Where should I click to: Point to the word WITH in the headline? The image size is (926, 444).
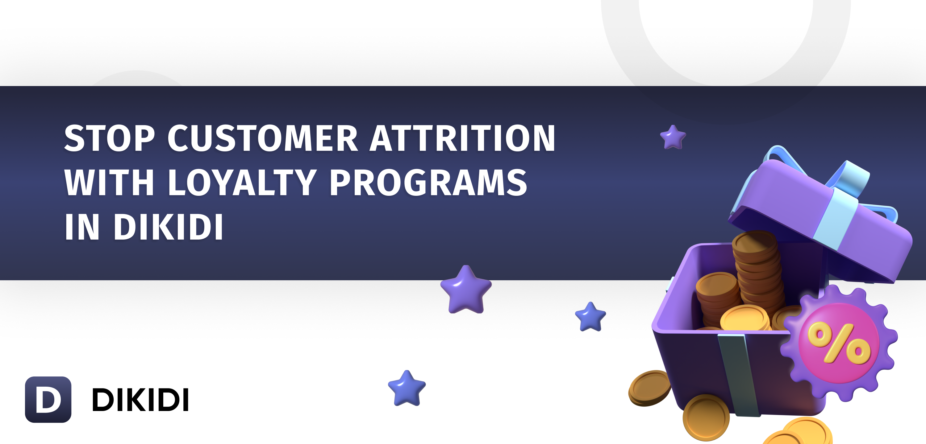(x=109, y=183)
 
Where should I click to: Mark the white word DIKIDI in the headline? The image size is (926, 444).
(x=169, y=227)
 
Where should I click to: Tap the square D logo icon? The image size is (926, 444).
(x=48, y=400)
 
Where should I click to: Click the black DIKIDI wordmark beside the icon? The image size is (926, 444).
(x=140, y=400)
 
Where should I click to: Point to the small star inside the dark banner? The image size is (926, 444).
(x=673, y=137)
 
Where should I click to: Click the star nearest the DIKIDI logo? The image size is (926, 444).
(x=407, y=388)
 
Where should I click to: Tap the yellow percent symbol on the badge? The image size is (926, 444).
(x=839, y=343)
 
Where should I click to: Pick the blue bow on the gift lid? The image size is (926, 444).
(x=827, y=180)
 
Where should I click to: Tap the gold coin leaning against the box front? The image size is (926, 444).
(x=706, y=417)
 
